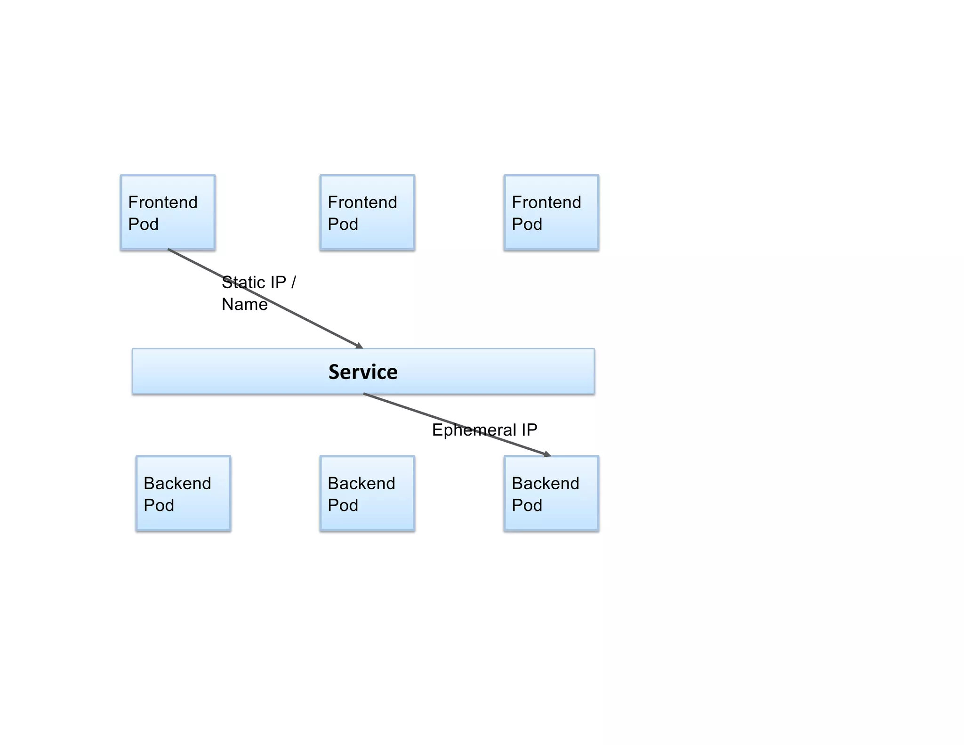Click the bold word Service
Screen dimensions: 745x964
click(363, 372)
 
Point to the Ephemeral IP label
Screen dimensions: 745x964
click(484, 430)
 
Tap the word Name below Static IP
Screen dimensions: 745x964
click(245, 304)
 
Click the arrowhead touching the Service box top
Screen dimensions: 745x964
click(360, 346)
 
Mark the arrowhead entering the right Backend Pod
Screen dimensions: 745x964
click(547, 454)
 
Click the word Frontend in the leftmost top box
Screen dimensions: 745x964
click(163, 202)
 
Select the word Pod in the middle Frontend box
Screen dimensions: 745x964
click(343, 224)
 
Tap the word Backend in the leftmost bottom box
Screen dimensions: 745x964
click(177, 483)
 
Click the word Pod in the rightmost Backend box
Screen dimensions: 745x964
click(527, 505)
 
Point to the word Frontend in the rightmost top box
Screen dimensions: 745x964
click(546, 202)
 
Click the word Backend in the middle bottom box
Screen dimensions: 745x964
click(361, 483)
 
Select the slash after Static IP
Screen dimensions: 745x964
click(294, 283)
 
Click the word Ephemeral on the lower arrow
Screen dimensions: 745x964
click(474, 430)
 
